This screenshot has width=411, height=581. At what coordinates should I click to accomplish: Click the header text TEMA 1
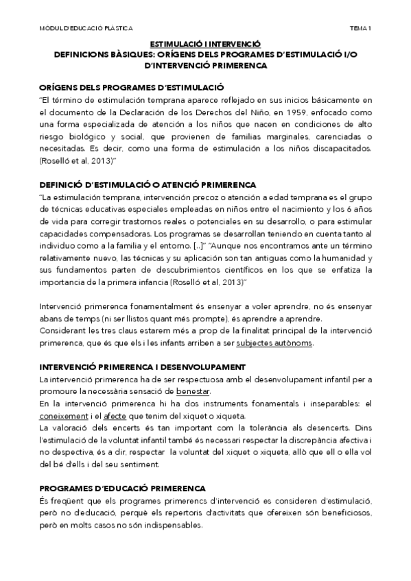360,28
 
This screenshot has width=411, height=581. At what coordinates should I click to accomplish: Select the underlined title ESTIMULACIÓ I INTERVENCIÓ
205,42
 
